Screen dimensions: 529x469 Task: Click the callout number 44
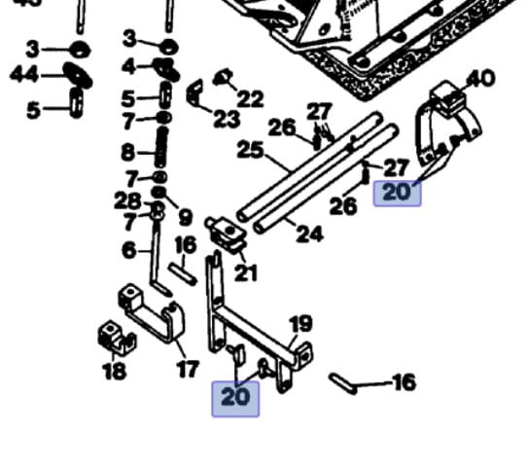coord(24,74)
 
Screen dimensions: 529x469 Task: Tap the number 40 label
coord(480,79)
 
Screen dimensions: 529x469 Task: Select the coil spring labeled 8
coord(161,147)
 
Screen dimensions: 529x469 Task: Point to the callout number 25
coord(250,150)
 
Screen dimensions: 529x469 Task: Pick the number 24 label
coord(309,234)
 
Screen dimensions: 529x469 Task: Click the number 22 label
coord(250,98)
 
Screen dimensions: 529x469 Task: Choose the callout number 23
coord(227,119)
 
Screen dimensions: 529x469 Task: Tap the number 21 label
coord(246,273)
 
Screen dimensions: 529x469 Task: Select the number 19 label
coord(300,324)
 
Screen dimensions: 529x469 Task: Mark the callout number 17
coord(189,369)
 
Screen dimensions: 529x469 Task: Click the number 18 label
coord(114,371)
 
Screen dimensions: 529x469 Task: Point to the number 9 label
coord(185,217)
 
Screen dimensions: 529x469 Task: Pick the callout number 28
coord(127,200)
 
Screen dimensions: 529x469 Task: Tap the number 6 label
coord(129,250)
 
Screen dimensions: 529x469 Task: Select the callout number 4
coord(128,66)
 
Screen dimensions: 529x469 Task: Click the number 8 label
coord(128,153)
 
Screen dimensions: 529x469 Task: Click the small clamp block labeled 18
coord(117,338)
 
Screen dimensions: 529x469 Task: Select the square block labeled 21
coord(226,234)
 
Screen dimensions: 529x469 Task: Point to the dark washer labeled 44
coord(78,75)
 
